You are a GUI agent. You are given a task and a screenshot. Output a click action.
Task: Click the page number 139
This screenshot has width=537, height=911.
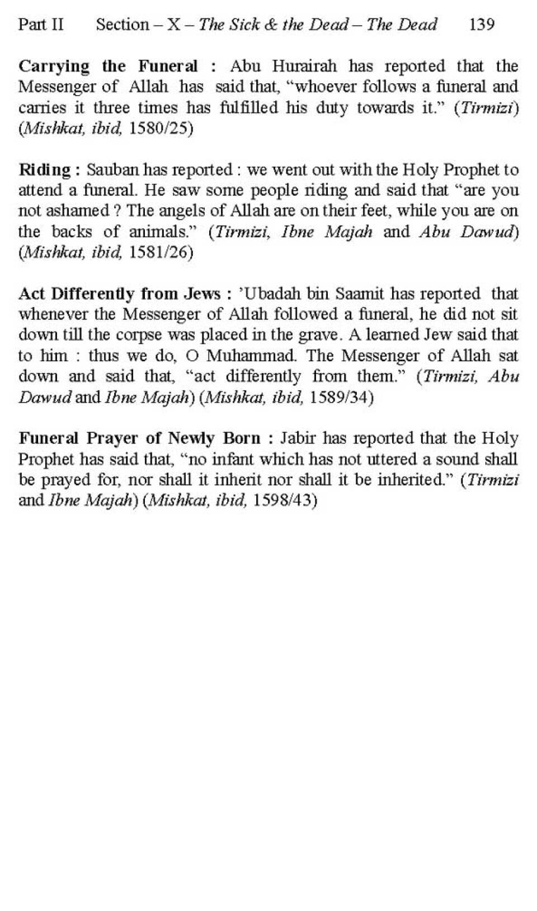pyautogui.click(x=482, y=25)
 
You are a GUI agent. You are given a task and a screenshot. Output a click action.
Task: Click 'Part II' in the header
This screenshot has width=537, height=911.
pyautogui.click(x=41, y=25)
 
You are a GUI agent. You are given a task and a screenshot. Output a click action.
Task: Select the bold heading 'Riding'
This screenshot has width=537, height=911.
pyautogui.click(x=45, y=170)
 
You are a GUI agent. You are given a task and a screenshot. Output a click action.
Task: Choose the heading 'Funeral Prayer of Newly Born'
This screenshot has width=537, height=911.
pyautogui.click(x=139, y=438)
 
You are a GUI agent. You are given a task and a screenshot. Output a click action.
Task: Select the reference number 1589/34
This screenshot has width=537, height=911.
pyautogui.click(x=341, y=398)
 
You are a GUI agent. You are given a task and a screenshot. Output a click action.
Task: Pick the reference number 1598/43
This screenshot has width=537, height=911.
pyautogui.click(x=285, y=500)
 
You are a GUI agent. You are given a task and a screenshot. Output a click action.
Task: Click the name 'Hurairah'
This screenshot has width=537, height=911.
pyautogui.click(x=305, y=67)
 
